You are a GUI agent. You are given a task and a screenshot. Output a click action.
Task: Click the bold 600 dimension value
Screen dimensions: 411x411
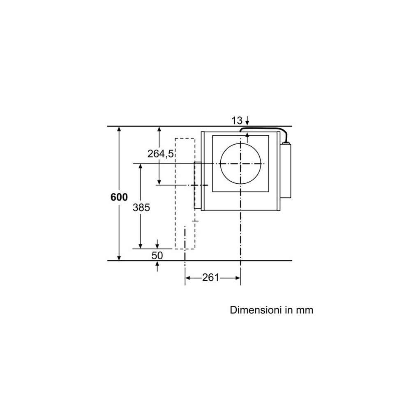click(119, 197)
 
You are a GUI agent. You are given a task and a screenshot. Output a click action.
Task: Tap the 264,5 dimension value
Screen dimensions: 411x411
click(161, 154)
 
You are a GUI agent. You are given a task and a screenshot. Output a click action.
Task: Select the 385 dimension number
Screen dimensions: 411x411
click(141, 208)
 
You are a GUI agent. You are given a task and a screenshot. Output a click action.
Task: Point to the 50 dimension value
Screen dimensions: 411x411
click(157, 255)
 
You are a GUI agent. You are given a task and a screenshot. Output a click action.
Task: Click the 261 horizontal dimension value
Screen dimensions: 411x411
click(210, 278)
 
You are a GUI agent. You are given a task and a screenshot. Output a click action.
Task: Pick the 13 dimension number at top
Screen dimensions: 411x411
click(237, 120)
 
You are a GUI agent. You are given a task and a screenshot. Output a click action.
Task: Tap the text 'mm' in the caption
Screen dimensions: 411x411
click(305, 310)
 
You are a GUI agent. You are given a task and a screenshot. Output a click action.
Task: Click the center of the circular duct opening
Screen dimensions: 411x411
click(240, 164)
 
